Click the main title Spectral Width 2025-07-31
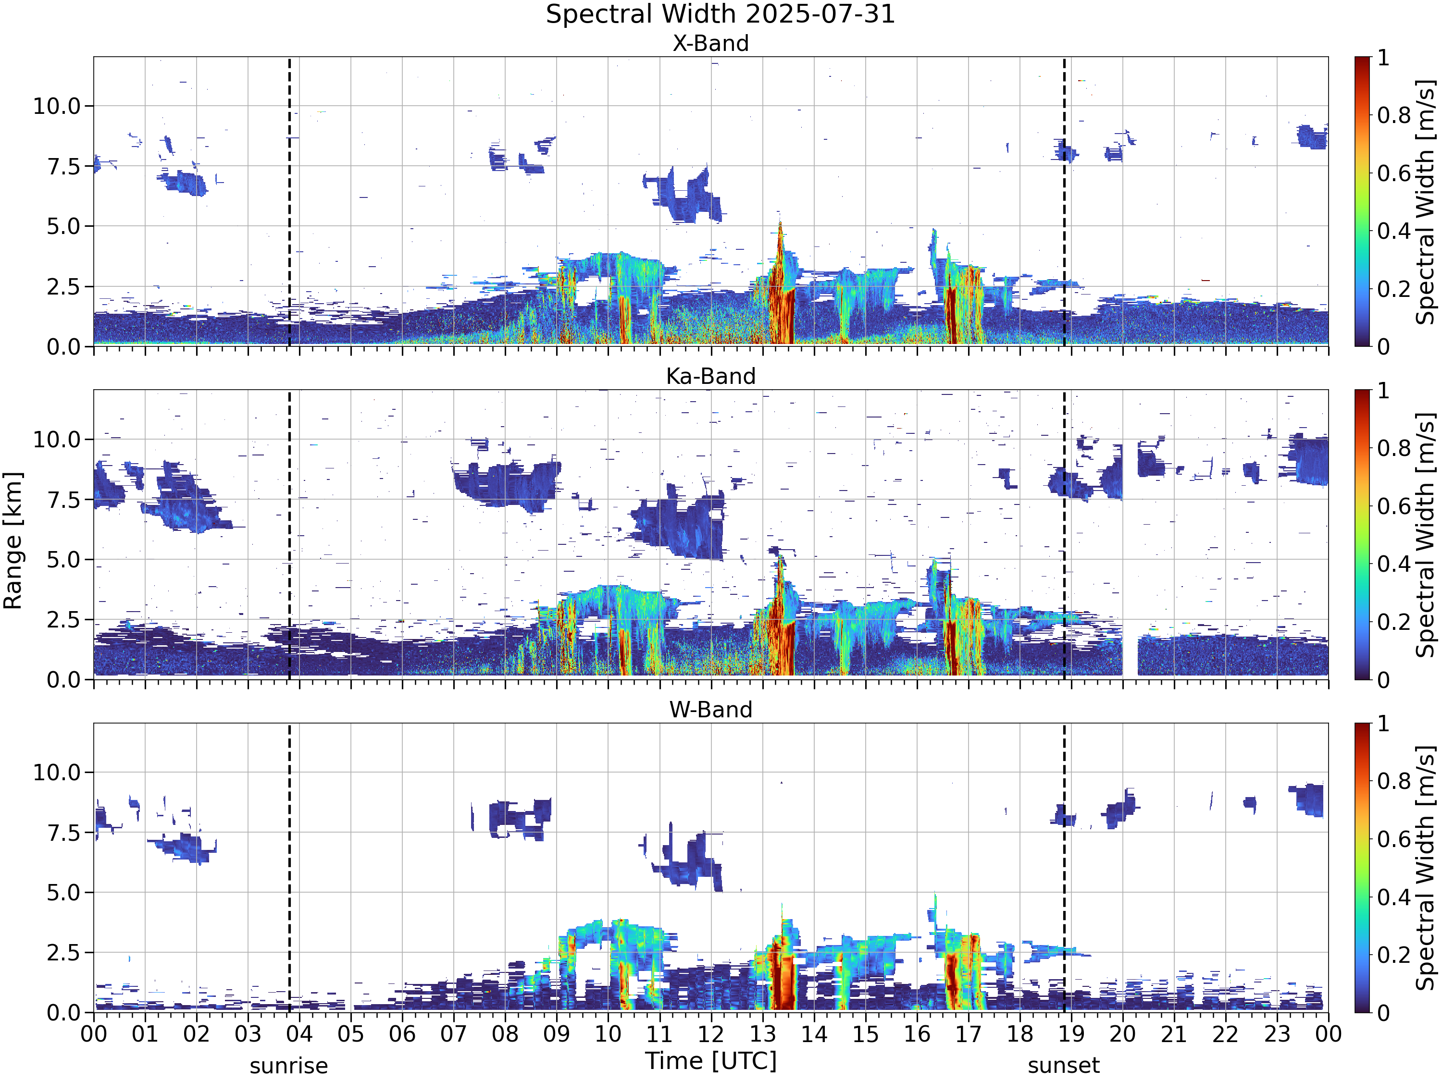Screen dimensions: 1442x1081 (x=721, y=14)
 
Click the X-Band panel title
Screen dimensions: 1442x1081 (x=710, y=43)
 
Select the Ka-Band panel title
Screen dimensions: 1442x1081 (x=710, y=376)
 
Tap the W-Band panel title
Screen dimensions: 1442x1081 (x=710, y=709)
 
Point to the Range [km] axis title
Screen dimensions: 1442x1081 (x=12, y=541)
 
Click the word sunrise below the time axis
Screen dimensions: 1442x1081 (x=289, y=1066)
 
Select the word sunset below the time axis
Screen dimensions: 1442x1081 (x=1064, y=1066)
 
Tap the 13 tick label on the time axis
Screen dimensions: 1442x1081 (x=763, y=1034)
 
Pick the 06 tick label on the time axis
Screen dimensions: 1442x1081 (x=402, y=1034)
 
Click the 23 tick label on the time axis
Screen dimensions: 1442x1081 (x=1277, y=1034)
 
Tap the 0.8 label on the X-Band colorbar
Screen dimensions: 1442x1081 (x=1394, y=115)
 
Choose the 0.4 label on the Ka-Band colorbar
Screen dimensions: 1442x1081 (x=1394, y=564)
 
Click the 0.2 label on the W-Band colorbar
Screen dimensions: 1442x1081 (x=1394, y=955)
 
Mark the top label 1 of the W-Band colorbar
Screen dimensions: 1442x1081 (x=1383, y=723)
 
